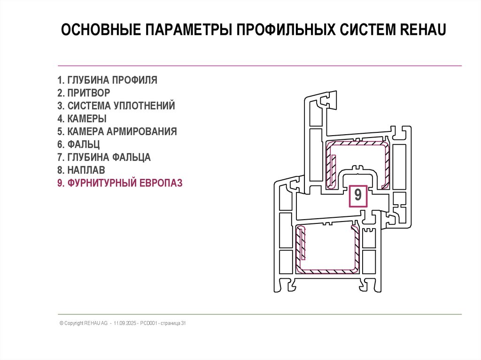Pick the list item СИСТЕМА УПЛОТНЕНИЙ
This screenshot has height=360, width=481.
(116, 106)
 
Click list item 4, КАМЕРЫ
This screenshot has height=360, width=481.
(82, 119)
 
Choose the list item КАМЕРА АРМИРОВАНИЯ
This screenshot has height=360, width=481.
(117, 131)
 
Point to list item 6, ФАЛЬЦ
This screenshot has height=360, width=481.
(78, 145)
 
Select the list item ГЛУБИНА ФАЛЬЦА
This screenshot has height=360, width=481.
(104, 157)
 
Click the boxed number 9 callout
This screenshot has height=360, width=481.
(358, 195)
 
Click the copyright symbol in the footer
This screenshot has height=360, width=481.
(62, 323)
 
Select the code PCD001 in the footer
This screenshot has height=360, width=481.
(147, 323)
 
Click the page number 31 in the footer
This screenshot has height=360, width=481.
(184, 323)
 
